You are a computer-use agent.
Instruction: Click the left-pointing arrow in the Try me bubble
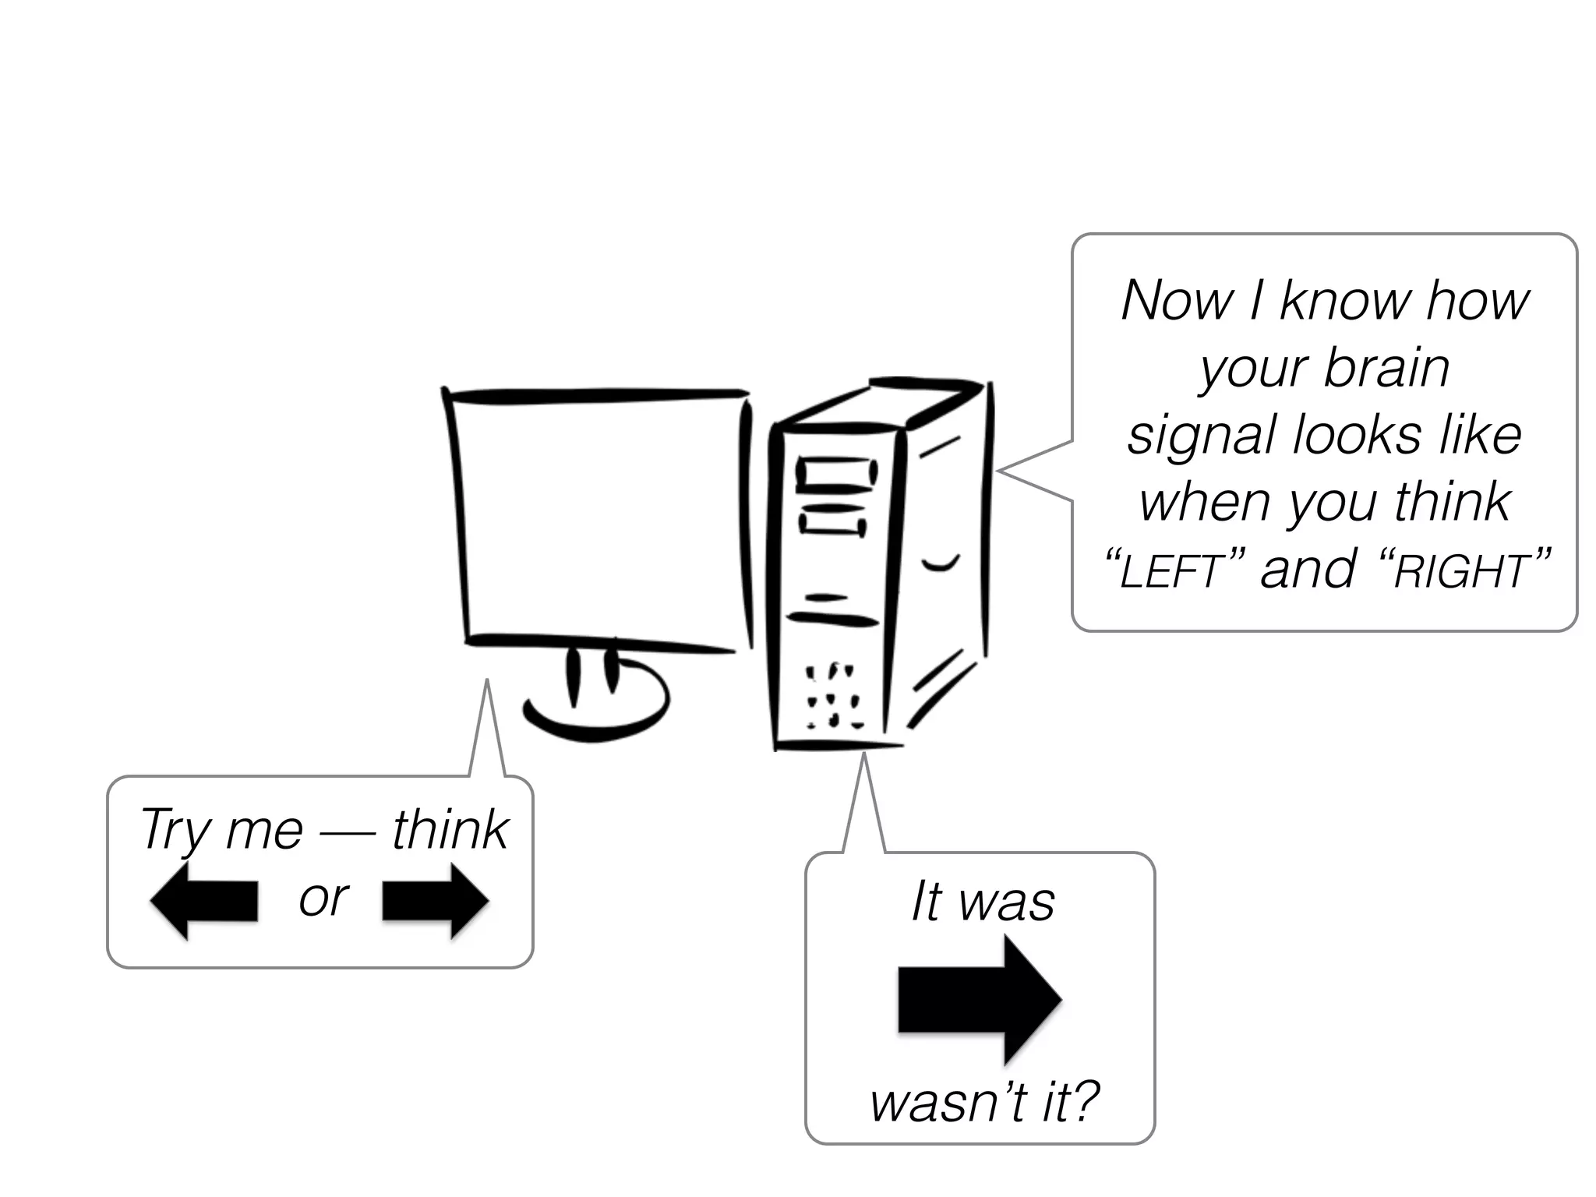204,902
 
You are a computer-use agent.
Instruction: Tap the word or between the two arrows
323,899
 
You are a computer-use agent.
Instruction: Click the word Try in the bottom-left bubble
174,831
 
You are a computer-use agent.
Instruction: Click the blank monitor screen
600,518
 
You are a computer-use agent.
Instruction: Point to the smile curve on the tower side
941,563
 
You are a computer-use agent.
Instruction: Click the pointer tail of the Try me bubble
487,733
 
